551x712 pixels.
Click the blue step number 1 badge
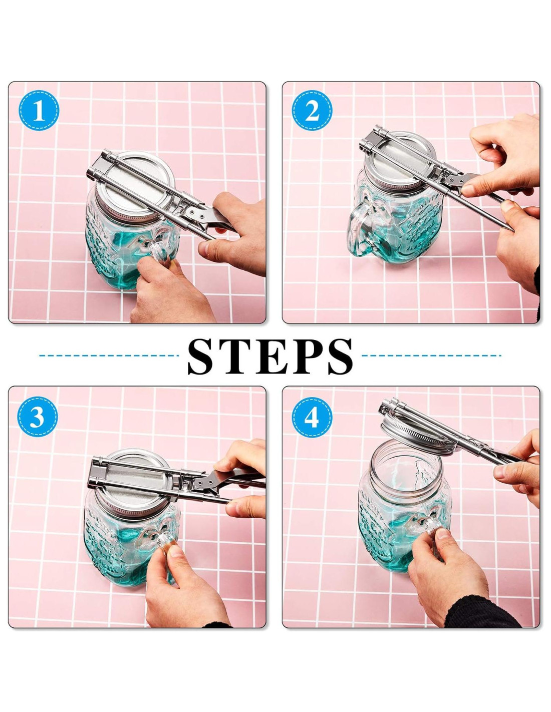point(39,111)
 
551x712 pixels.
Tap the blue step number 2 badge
point(313,111)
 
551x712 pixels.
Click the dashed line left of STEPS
point(109,355)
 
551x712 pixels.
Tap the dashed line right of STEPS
point(431,355)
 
